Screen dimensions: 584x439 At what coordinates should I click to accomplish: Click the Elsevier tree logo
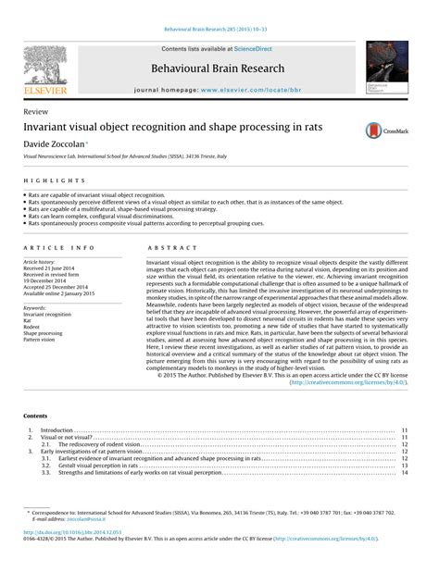point(45,66)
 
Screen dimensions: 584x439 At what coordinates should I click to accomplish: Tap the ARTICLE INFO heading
point(59,248)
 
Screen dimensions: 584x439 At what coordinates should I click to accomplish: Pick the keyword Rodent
point(34,326)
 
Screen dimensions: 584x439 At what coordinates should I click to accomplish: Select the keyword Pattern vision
point(41,339)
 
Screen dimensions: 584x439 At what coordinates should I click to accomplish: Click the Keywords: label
point(36,307)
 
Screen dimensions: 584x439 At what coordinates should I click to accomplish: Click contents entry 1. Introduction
point(57,430)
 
